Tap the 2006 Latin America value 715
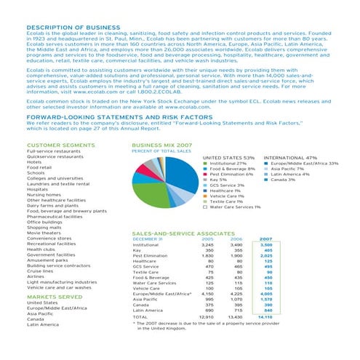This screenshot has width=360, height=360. click(236, 330)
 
